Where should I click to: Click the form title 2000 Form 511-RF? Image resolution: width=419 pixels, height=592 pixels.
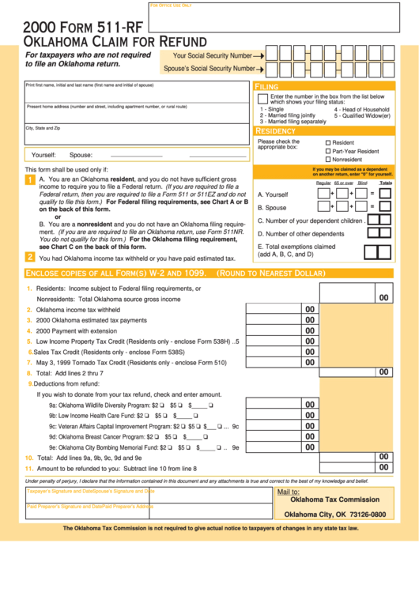[71, 26]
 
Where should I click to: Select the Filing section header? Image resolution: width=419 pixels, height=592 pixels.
[266, 86]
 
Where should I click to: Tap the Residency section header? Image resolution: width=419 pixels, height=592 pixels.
[275, 130]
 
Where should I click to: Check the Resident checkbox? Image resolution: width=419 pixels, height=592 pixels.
[328, 143]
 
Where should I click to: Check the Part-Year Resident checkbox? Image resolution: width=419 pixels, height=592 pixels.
[328, 151]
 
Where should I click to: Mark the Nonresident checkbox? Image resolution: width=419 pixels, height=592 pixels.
[328, 160]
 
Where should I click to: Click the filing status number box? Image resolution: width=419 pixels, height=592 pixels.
[262, 99]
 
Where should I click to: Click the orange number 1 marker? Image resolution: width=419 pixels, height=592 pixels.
[30, 181]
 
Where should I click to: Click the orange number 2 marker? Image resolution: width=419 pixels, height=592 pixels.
[30, 257]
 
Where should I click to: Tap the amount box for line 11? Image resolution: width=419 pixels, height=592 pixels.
[383, 467]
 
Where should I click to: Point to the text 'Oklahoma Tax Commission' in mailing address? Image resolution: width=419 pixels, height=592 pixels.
[334, 500]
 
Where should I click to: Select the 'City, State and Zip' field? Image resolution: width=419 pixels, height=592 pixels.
[138, 134]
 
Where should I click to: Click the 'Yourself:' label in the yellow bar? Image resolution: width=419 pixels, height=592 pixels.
[43, 155]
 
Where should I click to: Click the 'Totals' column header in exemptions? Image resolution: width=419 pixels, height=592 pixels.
[385, 183]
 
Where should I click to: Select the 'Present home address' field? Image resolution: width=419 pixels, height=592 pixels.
[138, 113]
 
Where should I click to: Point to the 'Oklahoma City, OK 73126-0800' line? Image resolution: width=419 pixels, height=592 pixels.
[334, 515]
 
